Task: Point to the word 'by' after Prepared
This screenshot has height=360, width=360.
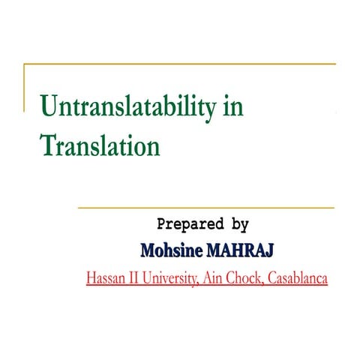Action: pyautogui.click(x=238, y=223)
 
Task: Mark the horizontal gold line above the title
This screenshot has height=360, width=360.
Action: pyautogui.click(x=180, y=65)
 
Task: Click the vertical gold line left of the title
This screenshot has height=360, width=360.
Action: pyautogui.click(x=24, y=86)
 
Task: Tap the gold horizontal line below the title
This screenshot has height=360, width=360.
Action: pyautogui.click(x=205, y=208)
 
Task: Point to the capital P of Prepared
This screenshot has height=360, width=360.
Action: pyautogui.click(x=162, y=223)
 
